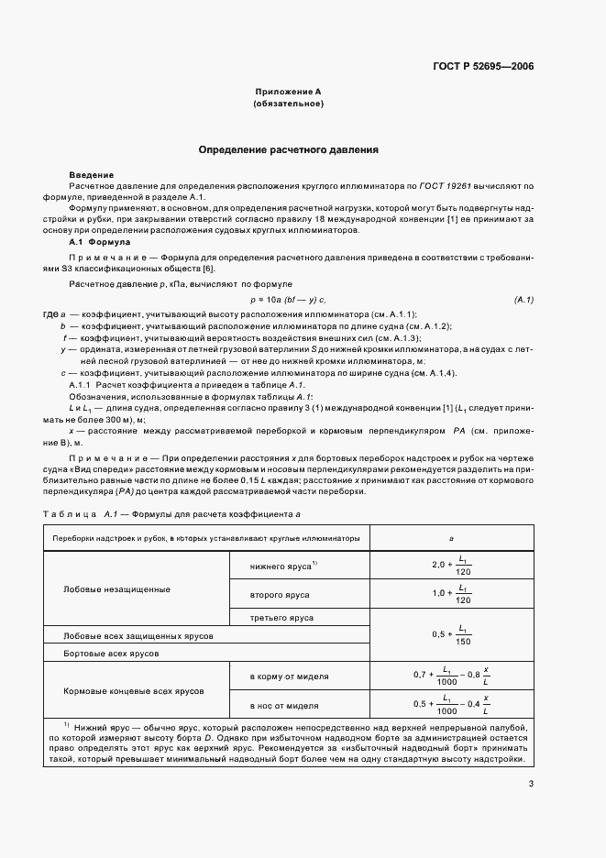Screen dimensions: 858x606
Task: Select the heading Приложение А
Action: click(x=288, y=93)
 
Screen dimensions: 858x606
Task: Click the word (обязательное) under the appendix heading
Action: click(x=288, y=104)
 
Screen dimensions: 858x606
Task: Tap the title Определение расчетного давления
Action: click(x=289, y=149)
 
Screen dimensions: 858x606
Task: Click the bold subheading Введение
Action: click(x=92, y=175)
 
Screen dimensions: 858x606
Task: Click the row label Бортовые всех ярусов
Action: click(x=111, y=654)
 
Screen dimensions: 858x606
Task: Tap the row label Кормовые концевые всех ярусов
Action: click(x=134, y=690)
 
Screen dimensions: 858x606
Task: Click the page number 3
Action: click(x=531, y=784)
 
